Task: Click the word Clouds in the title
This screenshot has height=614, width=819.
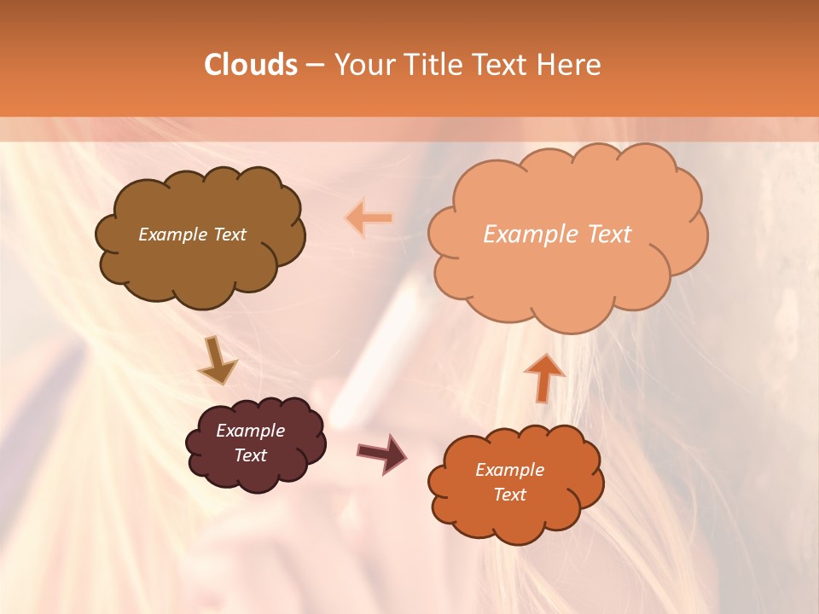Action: [251, 65]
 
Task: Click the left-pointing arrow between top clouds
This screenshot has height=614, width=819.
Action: [370, 218]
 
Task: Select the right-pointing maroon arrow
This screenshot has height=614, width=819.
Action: [382, 453]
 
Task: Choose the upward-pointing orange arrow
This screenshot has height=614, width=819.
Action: [543, 376]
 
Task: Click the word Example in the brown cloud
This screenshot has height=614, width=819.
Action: [171, 235]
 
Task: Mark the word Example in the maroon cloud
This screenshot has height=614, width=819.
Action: [250, 431]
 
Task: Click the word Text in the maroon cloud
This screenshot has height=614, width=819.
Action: [250, 455]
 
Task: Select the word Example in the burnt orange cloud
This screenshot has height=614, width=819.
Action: [509, 470]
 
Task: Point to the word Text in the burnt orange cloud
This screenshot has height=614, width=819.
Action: [509, 495]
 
